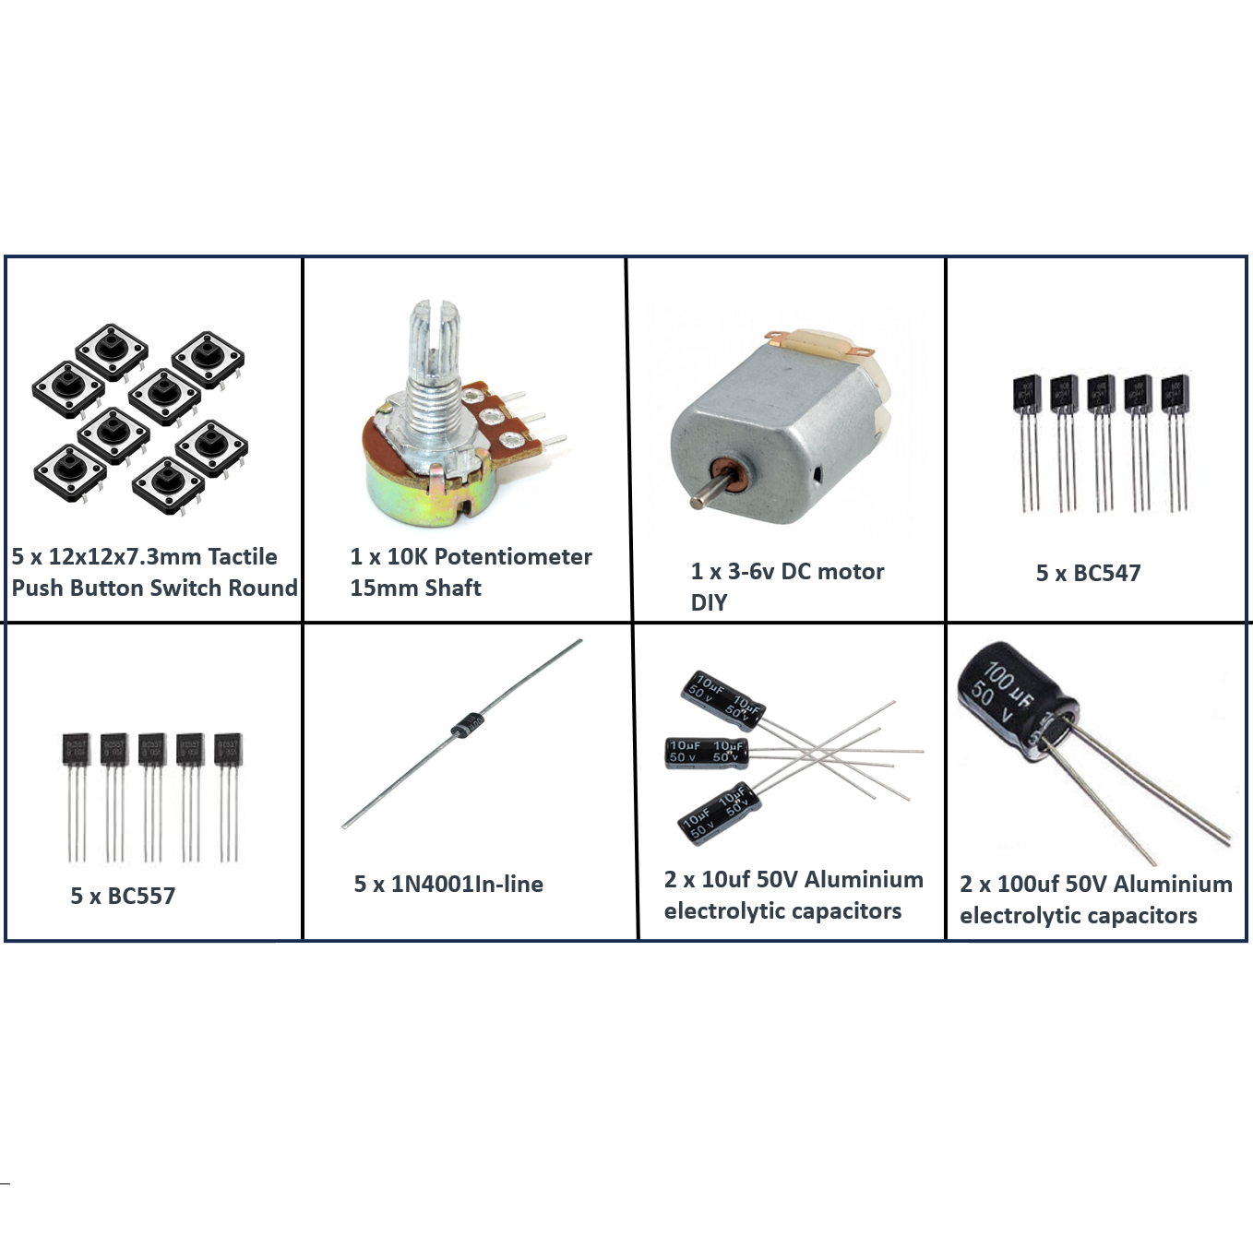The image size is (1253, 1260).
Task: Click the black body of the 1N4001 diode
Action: [x=466, y=724]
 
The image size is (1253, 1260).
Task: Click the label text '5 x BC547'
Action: [x=1088, y=573]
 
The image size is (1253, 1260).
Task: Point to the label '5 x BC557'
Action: [x=123, y=896]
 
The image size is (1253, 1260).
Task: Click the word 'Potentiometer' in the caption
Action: [x=513, y=556]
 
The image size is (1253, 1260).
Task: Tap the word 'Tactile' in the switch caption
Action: [x=242, y=556]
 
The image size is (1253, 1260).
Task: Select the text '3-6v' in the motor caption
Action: [x=751, y=571]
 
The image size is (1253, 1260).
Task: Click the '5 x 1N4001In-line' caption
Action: [x=448, y=884]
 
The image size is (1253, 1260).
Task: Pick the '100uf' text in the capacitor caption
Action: [x=1028, y=884]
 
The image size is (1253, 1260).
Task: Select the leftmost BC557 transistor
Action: [x=76, y=749]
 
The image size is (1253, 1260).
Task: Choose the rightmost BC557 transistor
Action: [x=227, y=749]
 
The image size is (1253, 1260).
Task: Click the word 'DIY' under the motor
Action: [x=709, y=602]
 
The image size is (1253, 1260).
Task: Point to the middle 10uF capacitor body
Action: [x=706, y=752]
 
